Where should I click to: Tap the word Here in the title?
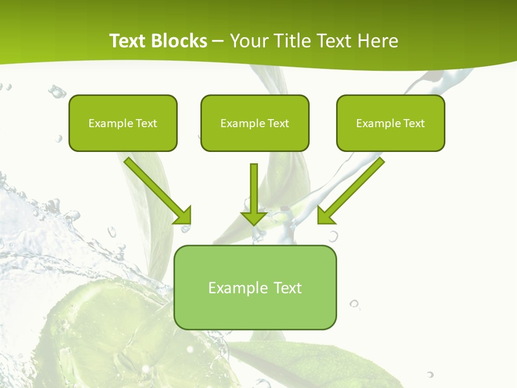(379, 41)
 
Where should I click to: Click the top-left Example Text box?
(123, 123)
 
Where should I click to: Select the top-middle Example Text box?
(255, 123)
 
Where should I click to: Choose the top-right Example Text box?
(390, 123)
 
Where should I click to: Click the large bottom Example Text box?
(255, 288)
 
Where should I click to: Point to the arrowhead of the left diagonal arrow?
(184, 216)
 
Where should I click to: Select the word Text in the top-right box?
(414, 123)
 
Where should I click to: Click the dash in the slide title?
(218, 41)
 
